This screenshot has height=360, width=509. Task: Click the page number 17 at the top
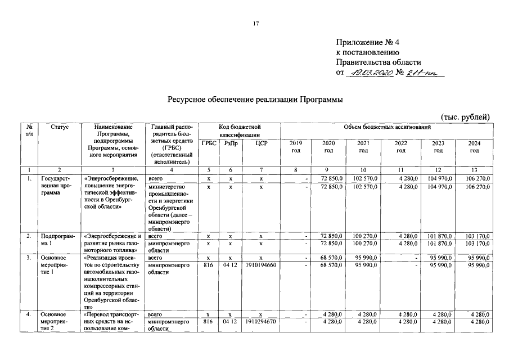coord(255,24)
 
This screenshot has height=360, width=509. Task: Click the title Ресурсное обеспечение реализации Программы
coord(255,100)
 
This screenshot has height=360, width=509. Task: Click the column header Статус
coord(60,128)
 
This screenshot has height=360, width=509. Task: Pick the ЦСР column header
coord(261,143)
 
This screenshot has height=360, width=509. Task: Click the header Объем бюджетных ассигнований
coord(386,128)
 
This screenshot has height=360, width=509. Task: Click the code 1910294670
coord(261,322)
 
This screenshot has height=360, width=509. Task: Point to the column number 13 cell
coord(474,170)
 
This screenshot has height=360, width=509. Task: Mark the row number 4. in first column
coord(28,314)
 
